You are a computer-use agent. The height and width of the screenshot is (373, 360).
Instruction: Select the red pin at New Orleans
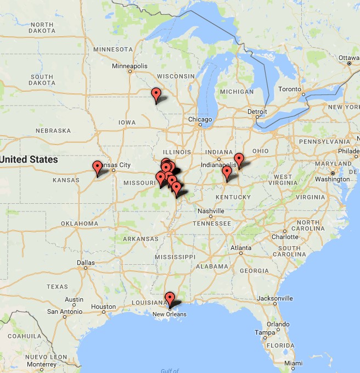point(170,299)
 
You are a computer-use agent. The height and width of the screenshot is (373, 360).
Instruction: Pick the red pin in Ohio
point(239,160)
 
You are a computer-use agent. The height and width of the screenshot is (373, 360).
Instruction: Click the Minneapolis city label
point(130,66)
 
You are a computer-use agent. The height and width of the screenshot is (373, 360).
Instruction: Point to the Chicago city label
point(200,119)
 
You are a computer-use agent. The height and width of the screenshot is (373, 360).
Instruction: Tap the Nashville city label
point(211,211)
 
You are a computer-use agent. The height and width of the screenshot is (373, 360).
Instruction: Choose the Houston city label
point(104,307)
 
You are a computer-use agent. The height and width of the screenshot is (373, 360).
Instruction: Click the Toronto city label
point(289,89)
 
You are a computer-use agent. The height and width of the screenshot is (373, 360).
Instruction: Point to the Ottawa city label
point(348,57)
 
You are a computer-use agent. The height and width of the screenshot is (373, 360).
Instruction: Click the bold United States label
point(29,159)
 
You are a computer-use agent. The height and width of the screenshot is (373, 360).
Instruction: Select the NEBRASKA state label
point(53,131)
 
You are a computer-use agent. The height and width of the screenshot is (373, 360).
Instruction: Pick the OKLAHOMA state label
point(80,224)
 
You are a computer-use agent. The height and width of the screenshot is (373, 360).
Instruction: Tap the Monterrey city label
point(41,364)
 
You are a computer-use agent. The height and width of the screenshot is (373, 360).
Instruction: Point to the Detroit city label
point(257,112)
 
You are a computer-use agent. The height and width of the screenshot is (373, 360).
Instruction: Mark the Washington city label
point(333,179)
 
